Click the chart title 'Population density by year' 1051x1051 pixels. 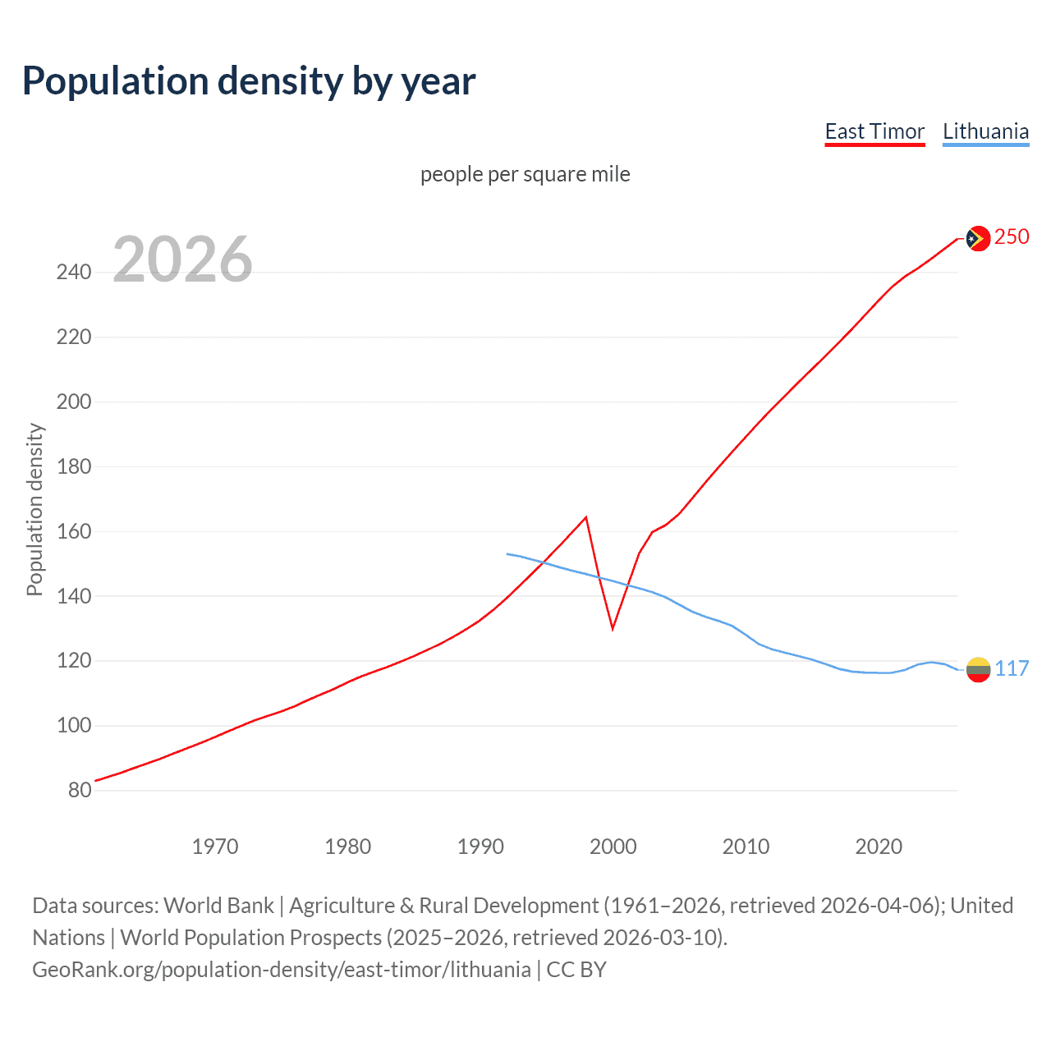(249, 81)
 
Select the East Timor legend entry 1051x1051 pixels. (874, 131)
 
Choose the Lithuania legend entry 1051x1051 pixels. (985, 131)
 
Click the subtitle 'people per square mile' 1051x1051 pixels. (525, 174)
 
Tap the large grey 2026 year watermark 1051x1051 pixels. (182, 259)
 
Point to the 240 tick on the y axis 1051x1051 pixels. (74, 272)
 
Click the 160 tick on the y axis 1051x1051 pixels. (74, 531)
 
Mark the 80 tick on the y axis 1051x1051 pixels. (80, 790)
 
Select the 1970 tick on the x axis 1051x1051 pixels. (215, 846)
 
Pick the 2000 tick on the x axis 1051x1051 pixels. (613, 846)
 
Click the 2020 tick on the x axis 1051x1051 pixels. (879, 846)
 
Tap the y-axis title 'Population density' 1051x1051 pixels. (34, 509)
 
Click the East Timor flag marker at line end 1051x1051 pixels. (977, 238)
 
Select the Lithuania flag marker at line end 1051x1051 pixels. (978, 670)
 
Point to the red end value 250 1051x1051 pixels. (1012, 236)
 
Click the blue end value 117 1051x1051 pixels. (1012, 668)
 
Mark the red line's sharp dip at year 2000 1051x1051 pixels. (613, 628)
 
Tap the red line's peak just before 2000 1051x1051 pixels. (585, 517)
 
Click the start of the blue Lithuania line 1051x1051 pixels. (507, 553)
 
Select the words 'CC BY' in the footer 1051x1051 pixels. (576, 969)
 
